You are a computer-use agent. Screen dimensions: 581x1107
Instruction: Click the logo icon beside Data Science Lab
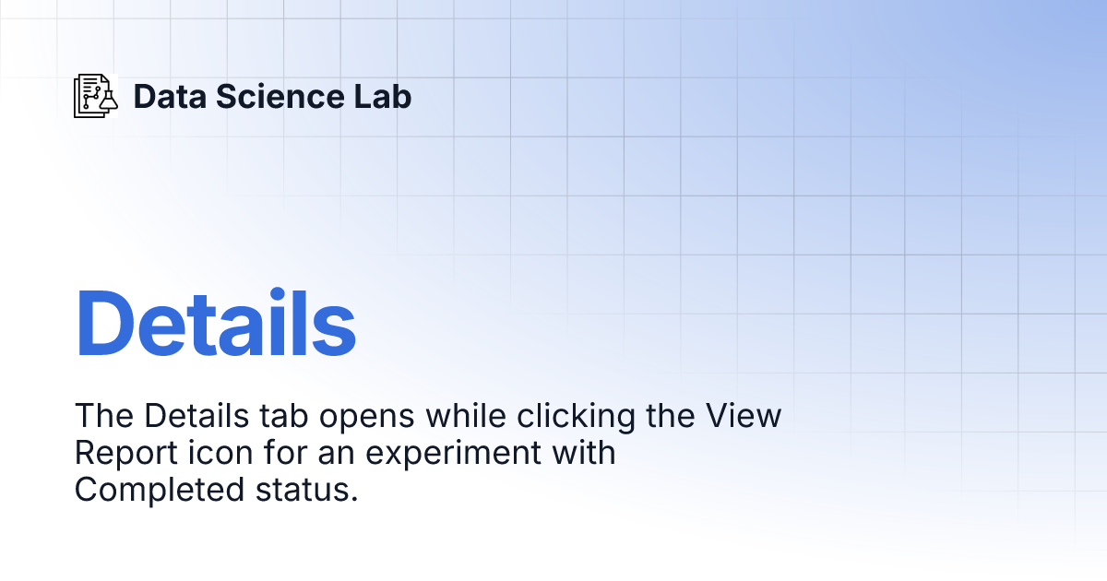(96, 96)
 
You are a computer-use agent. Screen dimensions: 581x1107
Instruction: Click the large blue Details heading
(216, 323)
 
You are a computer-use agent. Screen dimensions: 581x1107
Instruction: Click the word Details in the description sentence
(193, 416)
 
